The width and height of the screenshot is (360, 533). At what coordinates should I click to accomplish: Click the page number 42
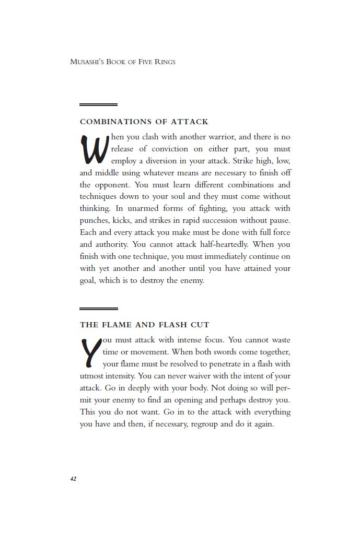pyautogui.click(x=74, y=478)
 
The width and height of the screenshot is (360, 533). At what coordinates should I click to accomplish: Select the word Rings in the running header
pyautogui.click(x=164, y=62)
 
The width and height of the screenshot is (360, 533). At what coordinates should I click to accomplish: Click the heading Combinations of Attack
pyautogui.click(x=144, y=122)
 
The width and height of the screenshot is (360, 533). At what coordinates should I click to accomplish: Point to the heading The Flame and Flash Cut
pyautogui.click(x=145, y=325)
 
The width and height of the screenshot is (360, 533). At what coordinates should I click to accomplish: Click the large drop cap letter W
pyautogui.click(x=94, y=149)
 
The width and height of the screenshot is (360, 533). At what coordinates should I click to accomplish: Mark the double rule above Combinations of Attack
pyautogui.click(x=98, y=105)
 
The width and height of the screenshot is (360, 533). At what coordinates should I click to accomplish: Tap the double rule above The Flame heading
pyautogui.click(x=98, y=309)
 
